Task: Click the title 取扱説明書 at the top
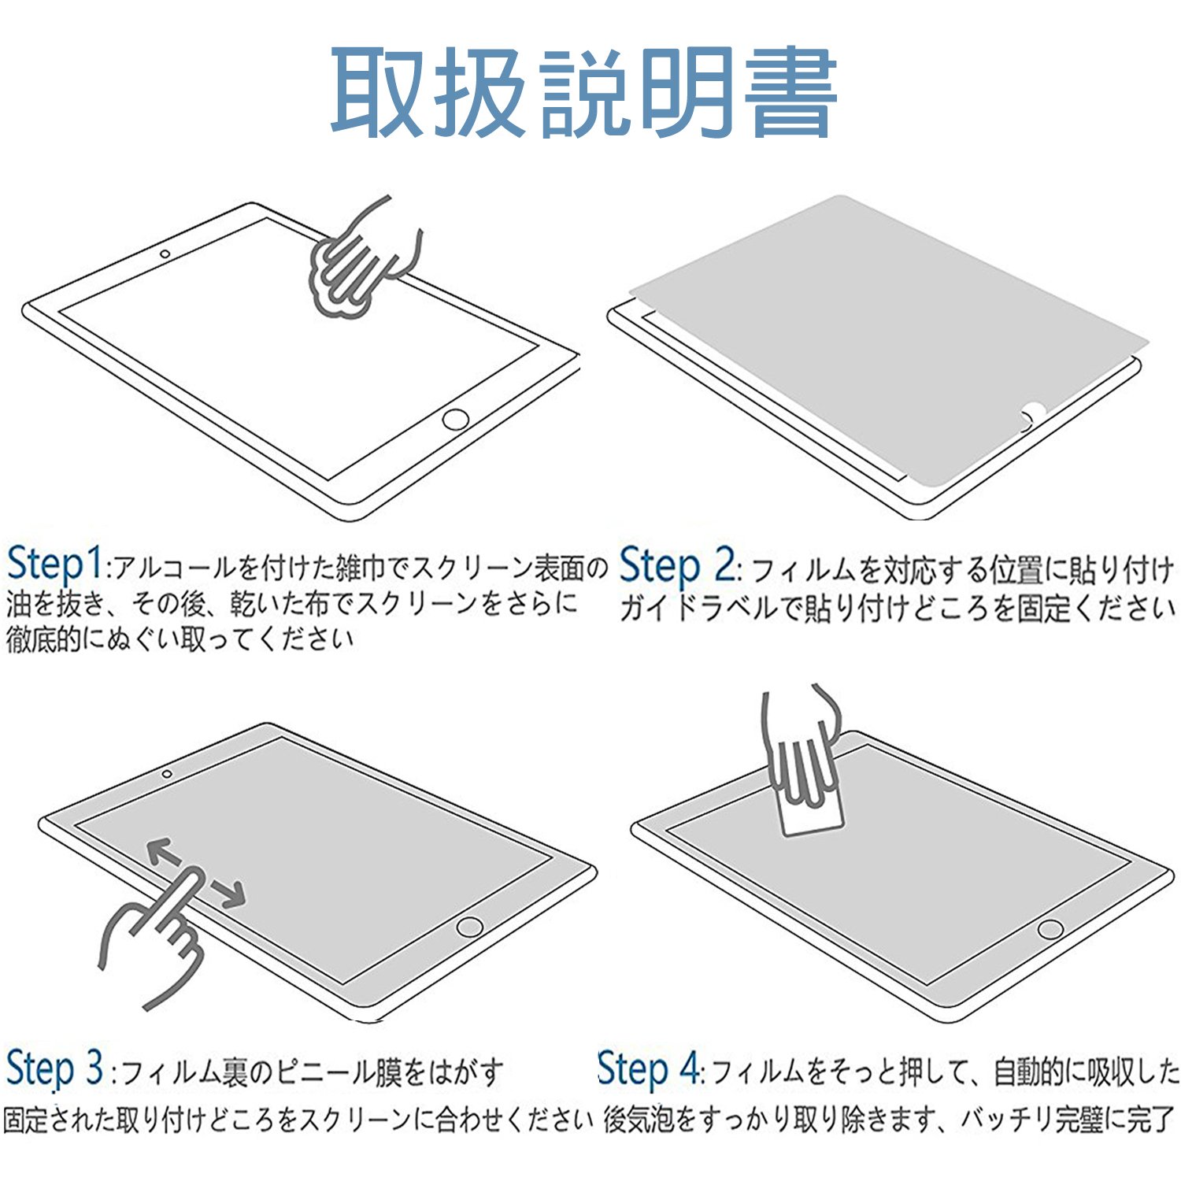coord(583,93)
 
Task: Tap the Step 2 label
coord(678,566)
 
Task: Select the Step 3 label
coord(54,1068)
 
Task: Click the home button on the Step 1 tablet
coord(456,419)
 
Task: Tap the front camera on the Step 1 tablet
coord(165,254)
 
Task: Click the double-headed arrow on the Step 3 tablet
coord(196,872)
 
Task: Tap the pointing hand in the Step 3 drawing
coord(154,937)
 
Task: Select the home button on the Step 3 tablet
coord(470,926)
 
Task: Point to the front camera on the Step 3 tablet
coord(167,774)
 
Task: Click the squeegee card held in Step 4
coord(811,811)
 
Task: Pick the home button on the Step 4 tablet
coord(1050,928)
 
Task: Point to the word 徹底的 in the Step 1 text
coord(44,639)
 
